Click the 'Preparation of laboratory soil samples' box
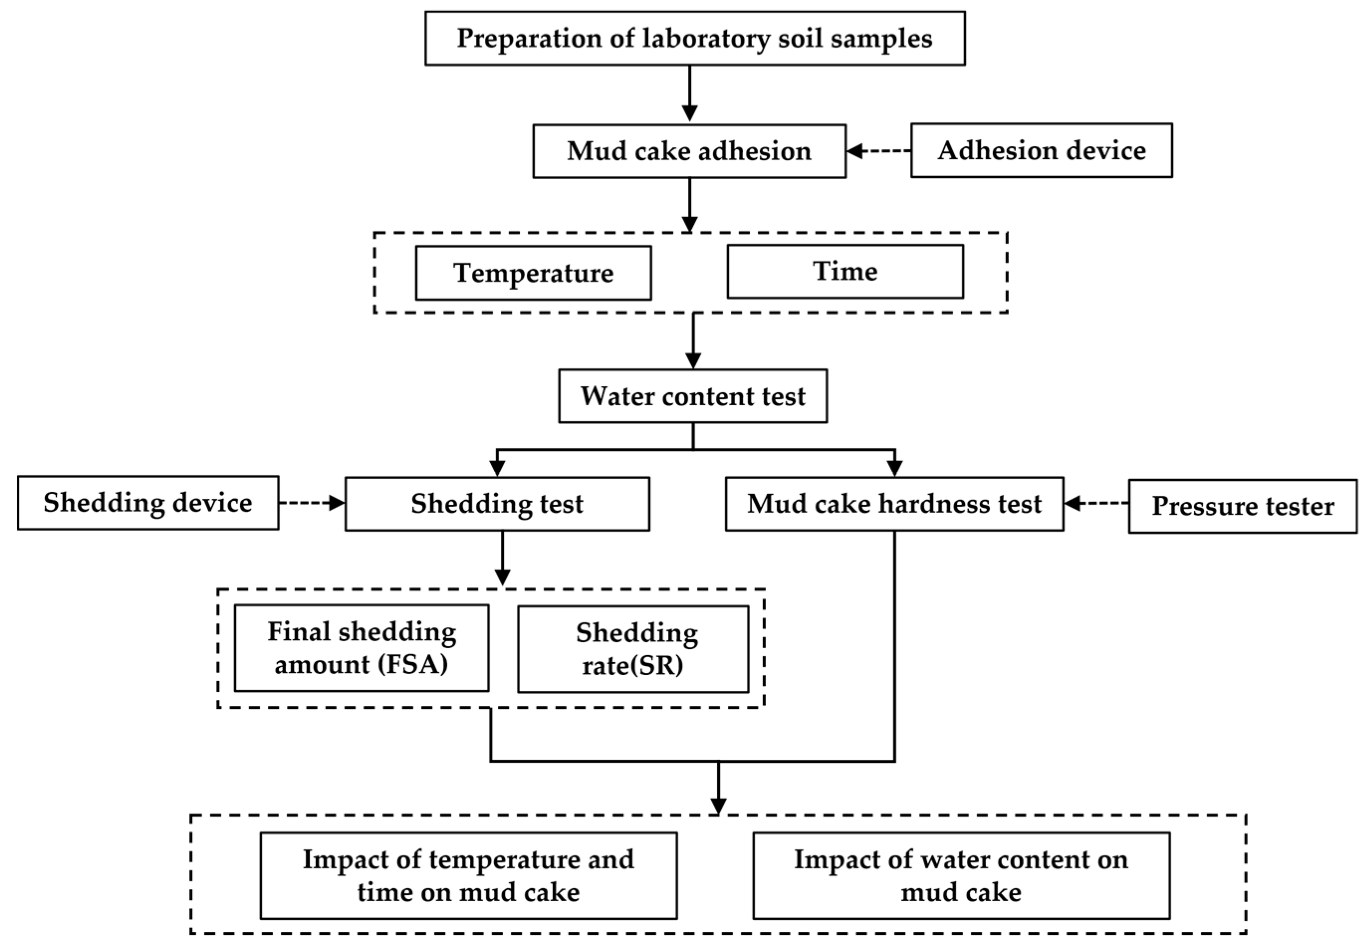click(x=694, y=38)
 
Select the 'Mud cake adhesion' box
click(x=689, y=151)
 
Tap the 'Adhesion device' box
click(x=1041, y=150)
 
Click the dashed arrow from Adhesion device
click(x=879, y=151)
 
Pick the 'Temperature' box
click(x=533, y=273)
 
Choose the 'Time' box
click(x=845, y=272)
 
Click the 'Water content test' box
click(x=692, y=396)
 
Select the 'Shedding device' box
click(x=148, y=502)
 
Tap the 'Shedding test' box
click(x=497, y=504)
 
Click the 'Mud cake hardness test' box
click(x=894, y=504)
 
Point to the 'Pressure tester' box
click(x=1242, y=506)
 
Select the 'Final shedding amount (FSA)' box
click(x=361, y=648)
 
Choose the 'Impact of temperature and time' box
click(x=468, y=875)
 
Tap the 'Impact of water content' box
click(x=960, y=875)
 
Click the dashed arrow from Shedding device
click(x=312, y=503)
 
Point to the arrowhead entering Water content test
click(x=693, y=361)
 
